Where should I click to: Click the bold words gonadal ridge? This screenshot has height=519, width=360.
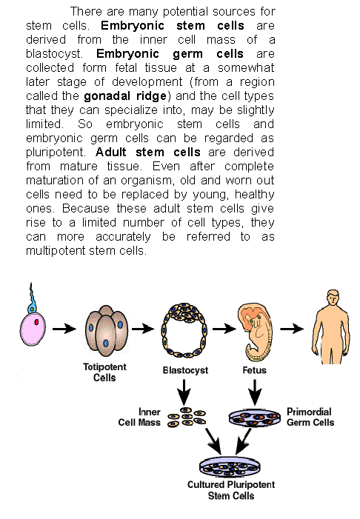pos(125,96)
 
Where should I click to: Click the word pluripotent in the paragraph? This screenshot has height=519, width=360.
pos(56,153)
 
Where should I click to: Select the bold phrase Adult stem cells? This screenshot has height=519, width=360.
pos(148,153)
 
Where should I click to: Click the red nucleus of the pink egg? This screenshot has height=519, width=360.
pos(36,322)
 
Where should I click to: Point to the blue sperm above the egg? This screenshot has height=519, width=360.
pos(31,298)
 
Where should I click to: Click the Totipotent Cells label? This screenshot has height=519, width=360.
pos(104,372)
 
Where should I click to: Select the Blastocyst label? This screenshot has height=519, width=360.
pos(185,370)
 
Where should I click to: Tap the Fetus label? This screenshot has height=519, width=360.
pos(254,370)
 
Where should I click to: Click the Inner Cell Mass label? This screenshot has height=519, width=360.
pos(139,417)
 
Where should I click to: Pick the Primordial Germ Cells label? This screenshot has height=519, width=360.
pos(310,417)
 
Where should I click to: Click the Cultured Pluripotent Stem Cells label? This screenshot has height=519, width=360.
pos(231,490)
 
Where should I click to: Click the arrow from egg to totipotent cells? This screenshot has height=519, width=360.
pos(64,329)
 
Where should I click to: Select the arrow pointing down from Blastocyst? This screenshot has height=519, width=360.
pos(184,392)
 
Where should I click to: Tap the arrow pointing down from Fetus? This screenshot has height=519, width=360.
pos(255,392)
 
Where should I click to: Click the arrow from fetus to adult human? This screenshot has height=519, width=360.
pos(292,329)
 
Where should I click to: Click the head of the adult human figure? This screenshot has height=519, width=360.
pos(333,298)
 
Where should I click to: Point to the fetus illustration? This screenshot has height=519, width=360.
pos(255,332)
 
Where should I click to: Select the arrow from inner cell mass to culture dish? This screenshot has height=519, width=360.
pos(213,441)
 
